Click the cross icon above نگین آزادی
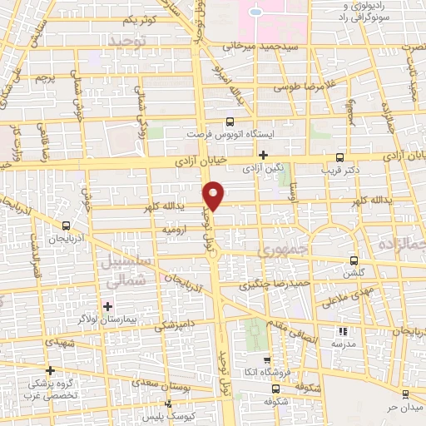[263, 155]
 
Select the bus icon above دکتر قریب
[339, 157]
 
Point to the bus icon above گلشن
[354, 260]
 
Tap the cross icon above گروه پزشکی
[51, 371]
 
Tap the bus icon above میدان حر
[405, 394]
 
